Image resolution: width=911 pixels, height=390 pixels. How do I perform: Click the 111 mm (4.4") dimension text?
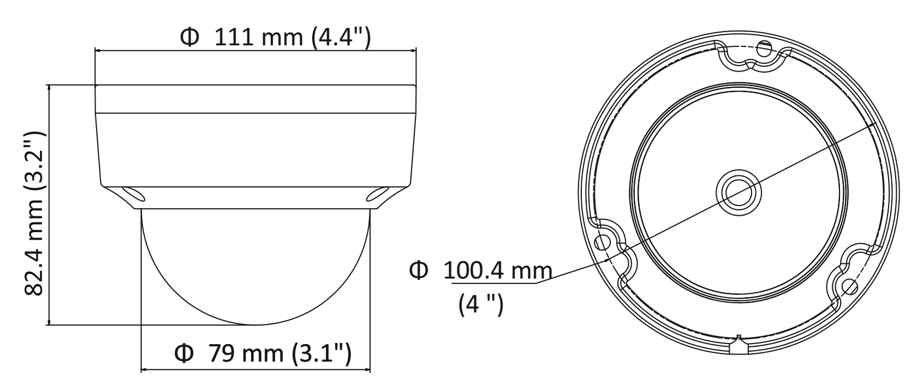click(x=293, y=38)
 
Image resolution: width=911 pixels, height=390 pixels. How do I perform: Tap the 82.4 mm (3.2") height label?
click(x=34, y=214)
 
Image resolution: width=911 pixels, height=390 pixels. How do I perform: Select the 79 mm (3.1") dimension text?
click(x=280, y=353)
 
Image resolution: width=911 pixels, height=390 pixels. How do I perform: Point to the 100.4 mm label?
click(x=497, y=270)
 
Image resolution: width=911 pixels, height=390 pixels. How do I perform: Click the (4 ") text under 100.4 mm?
click(x=481, y=304)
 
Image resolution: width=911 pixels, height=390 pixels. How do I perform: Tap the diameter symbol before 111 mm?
click(x=189, y=38)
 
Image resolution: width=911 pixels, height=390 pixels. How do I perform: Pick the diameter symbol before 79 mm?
click(x=184, y=353)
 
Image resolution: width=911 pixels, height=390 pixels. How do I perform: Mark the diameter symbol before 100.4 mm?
click(x=419, y=270)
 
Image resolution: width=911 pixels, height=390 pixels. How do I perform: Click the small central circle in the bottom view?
click(x=739, y=193)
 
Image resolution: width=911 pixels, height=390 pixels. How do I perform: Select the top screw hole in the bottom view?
click(x=764, y=49)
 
